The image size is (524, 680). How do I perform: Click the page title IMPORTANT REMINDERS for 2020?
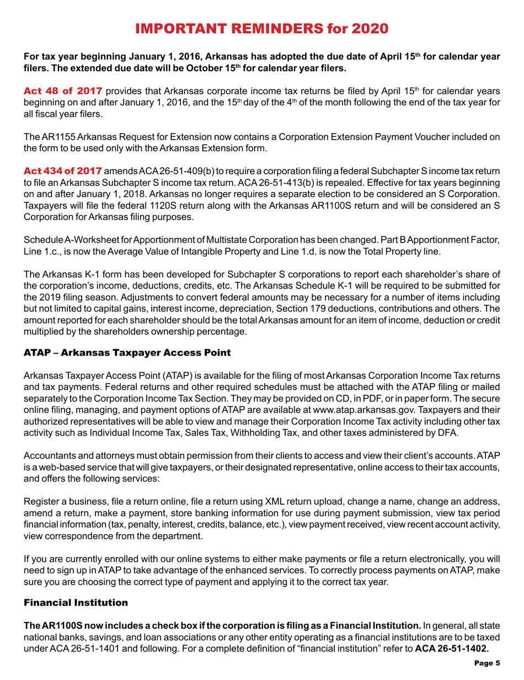click(x=262, y=13)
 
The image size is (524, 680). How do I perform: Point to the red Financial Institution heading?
click(x=68, y=618)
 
